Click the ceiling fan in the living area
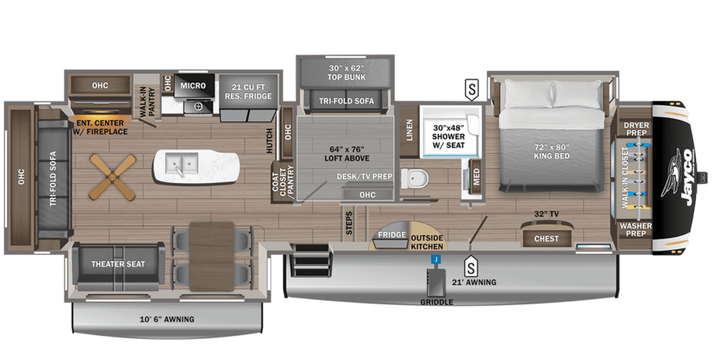coord(112,176)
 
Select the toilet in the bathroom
coord(415,178)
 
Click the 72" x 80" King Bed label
coord(551,151)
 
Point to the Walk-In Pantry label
coord(148,103)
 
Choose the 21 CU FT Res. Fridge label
coord(248,92)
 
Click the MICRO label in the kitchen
coord(193,85)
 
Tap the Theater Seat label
coord(118,264)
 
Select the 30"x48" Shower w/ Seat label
coord(448,137)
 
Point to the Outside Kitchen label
coord(427,242)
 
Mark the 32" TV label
coord(546,214)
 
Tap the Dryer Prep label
coord(636,129)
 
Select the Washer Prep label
coord(636,230)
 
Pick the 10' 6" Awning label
coord(167,319)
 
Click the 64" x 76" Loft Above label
coord(346,153)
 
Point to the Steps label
coord(349,223)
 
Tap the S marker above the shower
coord(472,90)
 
